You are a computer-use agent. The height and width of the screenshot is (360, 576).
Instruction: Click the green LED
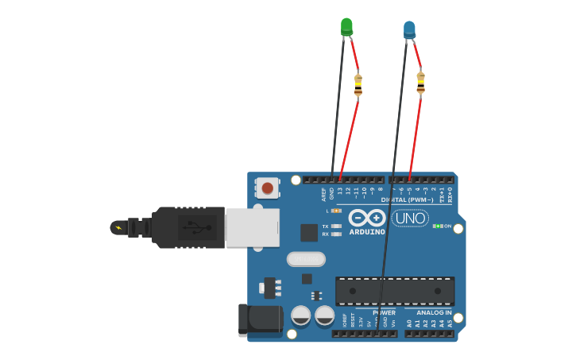coord(346,26)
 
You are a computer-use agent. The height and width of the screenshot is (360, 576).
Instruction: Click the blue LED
coord(409,29)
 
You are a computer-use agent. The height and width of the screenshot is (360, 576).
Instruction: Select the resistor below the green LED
coord(358,84)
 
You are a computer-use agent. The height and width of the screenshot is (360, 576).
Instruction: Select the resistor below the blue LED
coord(420,82)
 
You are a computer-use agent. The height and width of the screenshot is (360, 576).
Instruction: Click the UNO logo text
coord(411,218)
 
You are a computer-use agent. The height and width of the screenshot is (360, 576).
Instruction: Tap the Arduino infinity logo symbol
coord(367,217)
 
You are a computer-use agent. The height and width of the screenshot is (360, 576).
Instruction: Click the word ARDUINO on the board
coord(366,232)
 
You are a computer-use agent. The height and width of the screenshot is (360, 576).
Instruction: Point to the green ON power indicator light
coord(436,226)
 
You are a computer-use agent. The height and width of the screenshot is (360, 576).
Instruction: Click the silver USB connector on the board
coord(252,227)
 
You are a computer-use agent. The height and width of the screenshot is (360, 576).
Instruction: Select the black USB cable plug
coord(187,227)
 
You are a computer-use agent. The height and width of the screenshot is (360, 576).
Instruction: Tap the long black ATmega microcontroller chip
coord(395,291)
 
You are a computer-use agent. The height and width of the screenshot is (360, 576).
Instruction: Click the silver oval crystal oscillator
coord(306,259)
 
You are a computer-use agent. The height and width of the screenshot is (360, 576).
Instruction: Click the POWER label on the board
coord(384,313)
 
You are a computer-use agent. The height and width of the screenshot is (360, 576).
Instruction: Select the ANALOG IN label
coord(434,313)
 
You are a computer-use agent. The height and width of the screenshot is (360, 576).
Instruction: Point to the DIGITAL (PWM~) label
coord(407,199)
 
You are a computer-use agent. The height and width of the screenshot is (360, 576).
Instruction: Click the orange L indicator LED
coord(336,211)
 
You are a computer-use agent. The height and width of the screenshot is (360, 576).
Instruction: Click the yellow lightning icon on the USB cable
coord(119,228)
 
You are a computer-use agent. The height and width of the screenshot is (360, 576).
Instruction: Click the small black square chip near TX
coord(309,232)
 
